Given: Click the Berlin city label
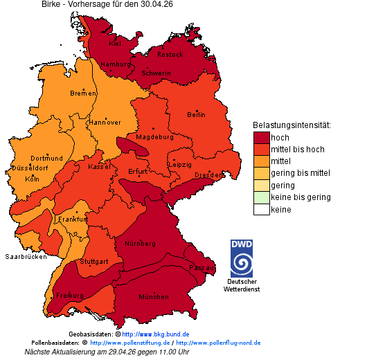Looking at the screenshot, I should [197, 114].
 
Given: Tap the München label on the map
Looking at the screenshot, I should [154, 296].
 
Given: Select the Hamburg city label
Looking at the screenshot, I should [116, 64].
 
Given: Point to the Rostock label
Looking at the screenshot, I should [170, 54].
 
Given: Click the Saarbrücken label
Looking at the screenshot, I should [26, 256].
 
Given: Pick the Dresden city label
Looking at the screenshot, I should [208, 175].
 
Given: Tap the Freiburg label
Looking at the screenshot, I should [69, 295].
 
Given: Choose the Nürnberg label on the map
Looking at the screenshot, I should [141, 244].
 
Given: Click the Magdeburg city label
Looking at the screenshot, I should [154, 136].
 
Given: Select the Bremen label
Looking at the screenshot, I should [83, 93].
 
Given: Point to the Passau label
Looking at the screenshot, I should [202, 267].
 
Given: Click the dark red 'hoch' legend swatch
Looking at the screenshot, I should [261, 137].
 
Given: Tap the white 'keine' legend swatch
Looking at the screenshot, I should [261, 209].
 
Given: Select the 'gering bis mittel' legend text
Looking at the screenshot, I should [301, 173].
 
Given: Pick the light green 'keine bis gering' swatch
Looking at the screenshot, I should [261, 197].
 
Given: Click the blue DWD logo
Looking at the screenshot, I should [242, 258].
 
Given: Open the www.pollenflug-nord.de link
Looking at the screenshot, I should [218, 343].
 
